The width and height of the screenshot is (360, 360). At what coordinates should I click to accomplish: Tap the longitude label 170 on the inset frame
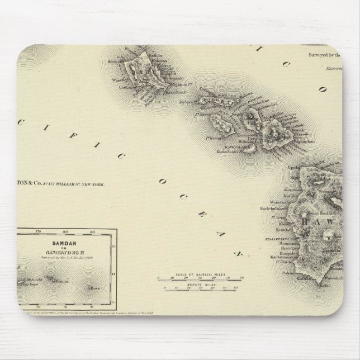pos(39,230)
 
